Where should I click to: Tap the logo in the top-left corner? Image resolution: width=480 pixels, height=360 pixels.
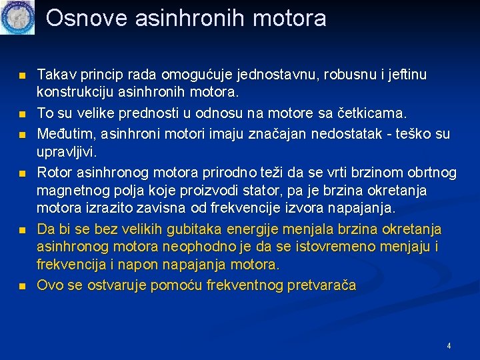(17, 17)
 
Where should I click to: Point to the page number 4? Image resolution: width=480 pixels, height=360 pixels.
(449, 346)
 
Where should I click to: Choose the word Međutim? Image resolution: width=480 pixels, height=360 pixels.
(64, 135)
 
